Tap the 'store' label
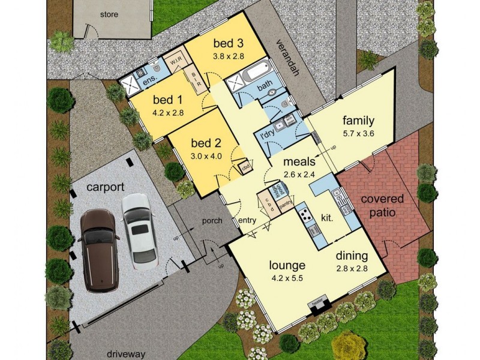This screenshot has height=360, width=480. click(109, 14)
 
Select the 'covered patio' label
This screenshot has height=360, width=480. click(382, 205)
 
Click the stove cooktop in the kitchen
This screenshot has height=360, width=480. click(303, 213)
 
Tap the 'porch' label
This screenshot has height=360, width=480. click(212, 221)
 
